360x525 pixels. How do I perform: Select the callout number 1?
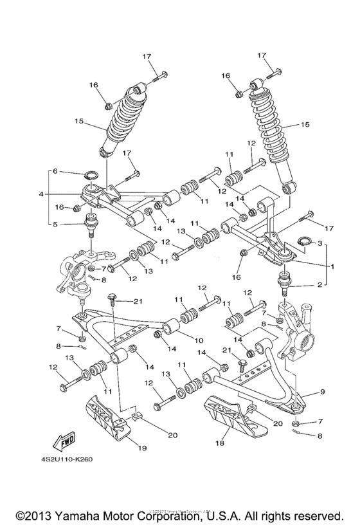pyautogui.click(x=333, y=266)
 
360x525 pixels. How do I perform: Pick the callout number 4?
pyautogui.click(x=41, y=194)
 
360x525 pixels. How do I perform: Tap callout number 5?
pyautogui.click(x=55, y=225)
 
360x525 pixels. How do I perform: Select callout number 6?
pyautogui.click(x=56, y=171)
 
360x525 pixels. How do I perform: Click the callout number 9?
pyautogui.click(x=323, y=392)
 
